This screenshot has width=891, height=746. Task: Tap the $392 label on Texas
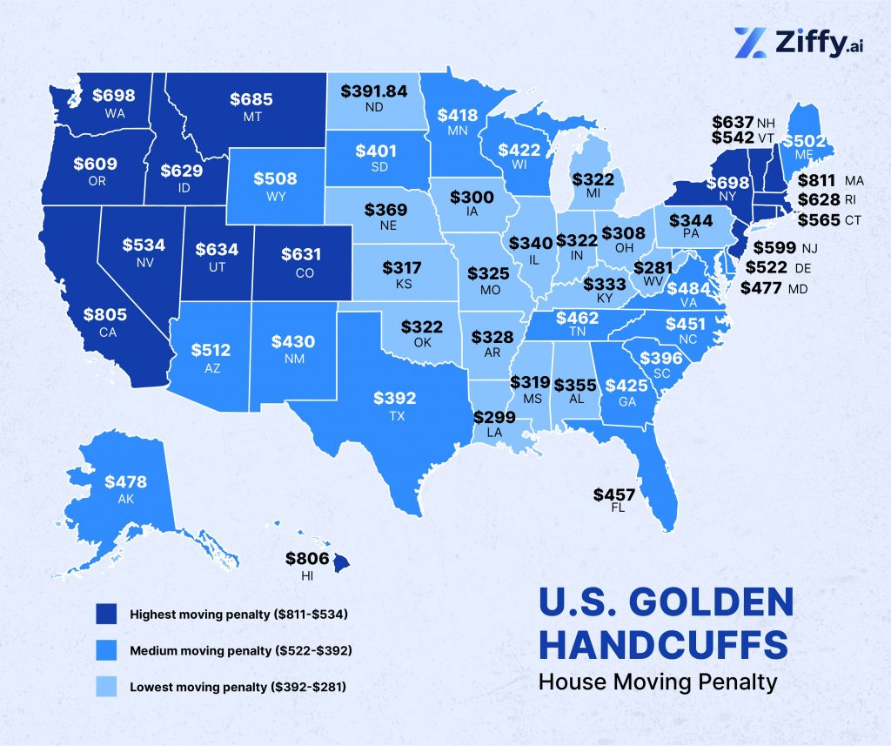395,399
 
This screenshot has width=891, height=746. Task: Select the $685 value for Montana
251,99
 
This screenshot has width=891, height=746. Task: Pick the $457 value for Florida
614,494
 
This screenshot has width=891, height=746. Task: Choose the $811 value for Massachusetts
819,180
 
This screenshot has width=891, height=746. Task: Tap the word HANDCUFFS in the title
664,645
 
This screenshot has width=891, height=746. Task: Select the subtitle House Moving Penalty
657,681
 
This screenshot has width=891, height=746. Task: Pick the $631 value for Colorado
302,255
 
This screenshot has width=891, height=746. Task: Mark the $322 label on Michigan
593,178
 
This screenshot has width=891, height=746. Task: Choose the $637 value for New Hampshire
732,122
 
